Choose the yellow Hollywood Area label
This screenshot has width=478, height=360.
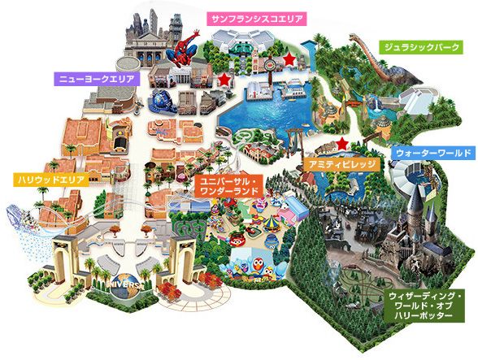pyautogui.click(x=44, y=179)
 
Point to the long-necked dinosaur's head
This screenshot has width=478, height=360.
pyautogui.click(x=356, y=37)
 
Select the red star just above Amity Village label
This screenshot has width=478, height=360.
pyautogui.click(x=342, y=144)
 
